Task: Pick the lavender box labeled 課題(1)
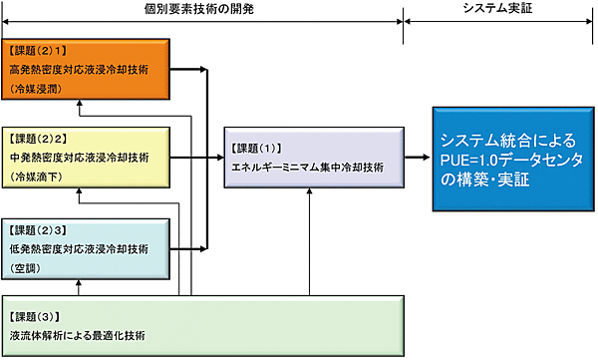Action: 313,157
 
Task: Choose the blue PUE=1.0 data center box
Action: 508,157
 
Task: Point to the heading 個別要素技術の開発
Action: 199,9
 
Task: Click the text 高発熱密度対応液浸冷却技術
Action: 78,70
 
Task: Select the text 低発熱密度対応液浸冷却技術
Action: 78,247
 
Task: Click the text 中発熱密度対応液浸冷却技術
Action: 78,158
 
